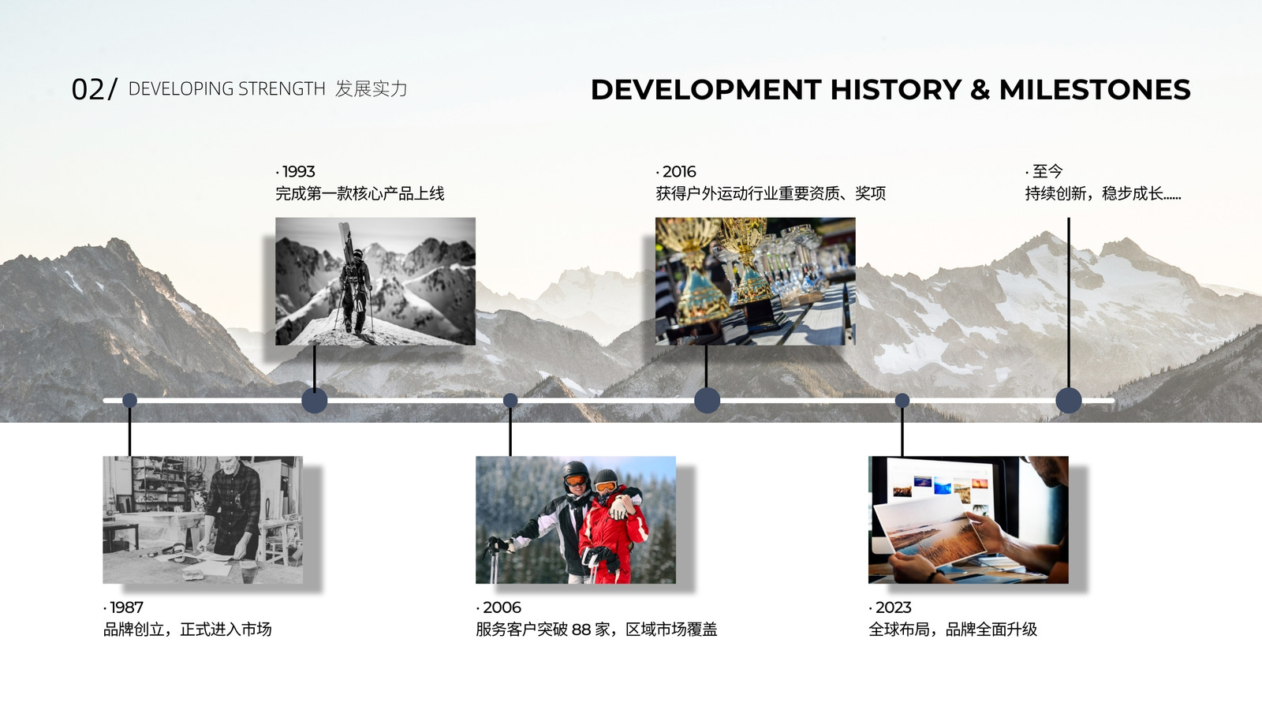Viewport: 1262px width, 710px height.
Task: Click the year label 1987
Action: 126,607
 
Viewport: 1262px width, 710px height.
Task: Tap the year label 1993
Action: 299,171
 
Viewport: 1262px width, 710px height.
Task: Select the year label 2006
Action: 502,607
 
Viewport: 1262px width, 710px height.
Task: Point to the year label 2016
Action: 679,171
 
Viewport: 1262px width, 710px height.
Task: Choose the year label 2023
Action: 894,607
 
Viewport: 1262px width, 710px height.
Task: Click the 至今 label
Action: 1047,171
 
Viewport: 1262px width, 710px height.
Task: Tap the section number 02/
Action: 94,89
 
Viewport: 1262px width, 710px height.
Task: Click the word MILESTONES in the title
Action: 1095,90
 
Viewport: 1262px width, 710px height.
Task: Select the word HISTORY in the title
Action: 896,90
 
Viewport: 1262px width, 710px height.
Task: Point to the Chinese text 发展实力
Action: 371,88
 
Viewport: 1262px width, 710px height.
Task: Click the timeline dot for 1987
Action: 129,401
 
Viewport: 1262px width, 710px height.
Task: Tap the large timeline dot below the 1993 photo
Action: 315,401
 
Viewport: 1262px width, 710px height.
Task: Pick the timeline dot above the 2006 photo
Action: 510,401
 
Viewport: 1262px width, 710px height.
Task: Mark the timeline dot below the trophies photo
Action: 707,401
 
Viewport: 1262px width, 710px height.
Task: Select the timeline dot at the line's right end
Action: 1069,401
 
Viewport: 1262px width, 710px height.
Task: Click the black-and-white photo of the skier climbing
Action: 375,281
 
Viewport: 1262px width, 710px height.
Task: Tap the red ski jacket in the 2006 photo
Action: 612,536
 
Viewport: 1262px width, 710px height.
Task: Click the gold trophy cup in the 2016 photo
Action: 746,260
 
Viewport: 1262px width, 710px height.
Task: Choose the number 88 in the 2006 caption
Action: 581,630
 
